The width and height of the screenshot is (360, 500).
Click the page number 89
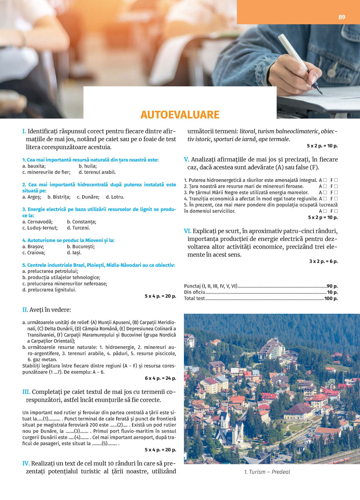pos(342,17)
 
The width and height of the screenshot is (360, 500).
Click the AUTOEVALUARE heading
pos(180,115)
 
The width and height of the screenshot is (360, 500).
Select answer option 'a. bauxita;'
pos(34,166)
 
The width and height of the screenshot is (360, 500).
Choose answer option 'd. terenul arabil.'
pos(97,172)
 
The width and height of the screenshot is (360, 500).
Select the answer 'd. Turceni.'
pos(78,228)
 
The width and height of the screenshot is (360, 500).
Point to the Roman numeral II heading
pos(25,310)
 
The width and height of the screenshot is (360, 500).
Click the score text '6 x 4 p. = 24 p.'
pos(160,378)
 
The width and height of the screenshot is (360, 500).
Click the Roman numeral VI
pos(188,231)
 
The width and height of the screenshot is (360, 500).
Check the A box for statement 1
pos(325,180)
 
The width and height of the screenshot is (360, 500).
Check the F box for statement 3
pos(336,193)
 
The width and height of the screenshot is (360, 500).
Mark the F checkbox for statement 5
pos(336,212)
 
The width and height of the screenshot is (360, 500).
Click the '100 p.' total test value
pos(331,299)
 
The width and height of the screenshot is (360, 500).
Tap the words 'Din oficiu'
pos(194,292)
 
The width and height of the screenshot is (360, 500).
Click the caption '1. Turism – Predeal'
pos(267,472)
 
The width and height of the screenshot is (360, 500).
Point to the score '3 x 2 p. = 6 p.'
pos(323,262)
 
